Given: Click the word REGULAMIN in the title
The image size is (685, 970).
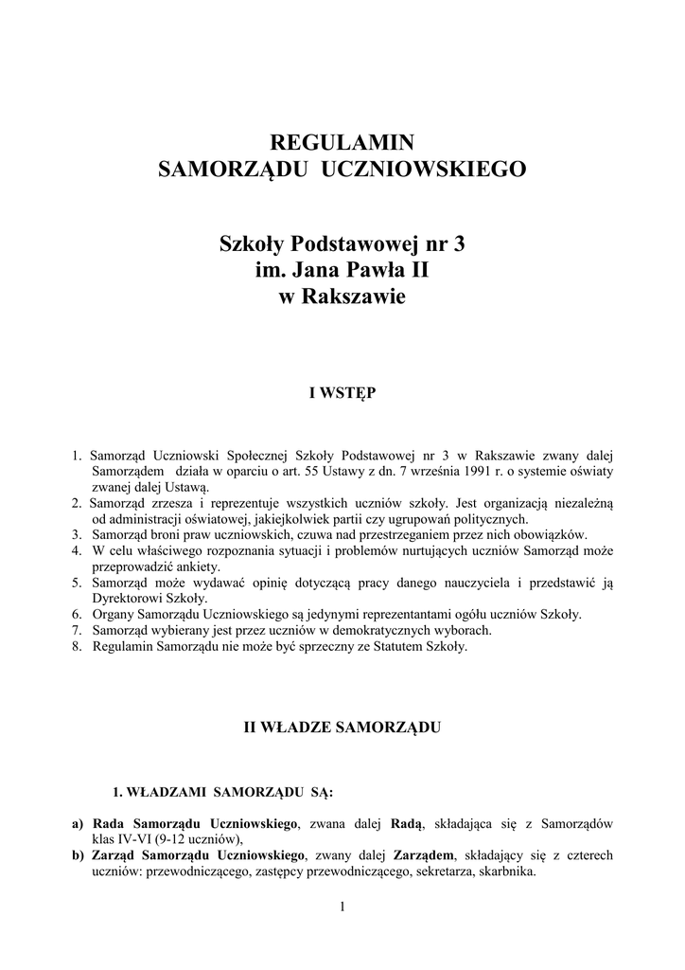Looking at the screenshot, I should point(342,143).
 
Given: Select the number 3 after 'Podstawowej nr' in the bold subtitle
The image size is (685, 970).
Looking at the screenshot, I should point(459,244).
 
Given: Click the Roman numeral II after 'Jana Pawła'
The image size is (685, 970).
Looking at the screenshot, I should point(418,271).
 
